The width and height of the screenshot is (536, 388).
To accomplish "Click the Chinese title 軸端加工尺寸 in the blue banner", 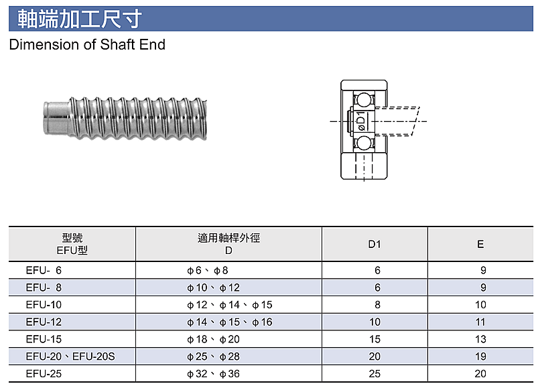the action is pyautogui.click(x=80, y=19).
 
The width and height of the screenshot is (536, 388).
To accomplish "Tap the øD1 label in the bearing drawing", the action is pyautogui.click(x=361, y=121).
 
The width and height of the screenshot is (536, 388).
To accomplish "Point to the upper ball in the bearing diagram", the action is pyautogui.click(x=364, y=100).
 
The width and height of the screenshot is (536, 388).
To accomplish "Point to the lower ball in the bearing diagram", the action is pyautogui.click(x=364, y=143).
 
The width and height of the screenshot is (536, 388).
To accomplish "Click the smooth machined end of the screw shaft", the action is pyautogui.click(x=56, y=118).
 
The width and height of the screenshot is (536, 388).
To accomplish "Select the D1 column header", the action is pyautogui.click(x=375, y=245).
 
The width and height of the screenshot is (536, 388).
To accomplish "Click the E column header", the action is pyautogui.click(x=480, y=245).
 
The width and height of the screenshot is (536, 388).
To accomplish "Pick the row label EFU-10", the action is pyautogui.click(x=44, y=305).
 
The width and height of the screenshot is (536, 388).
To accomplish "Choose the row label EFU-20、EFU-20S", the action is pyautogui.click(x=70, y=357).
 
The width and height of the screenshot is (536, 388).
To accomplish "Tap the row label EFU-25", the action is pyautogui.click(x=44, y=374).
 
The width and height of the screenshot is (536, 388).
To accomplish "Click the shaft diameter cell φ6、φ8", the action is pyautogui.click(x=208, y=271).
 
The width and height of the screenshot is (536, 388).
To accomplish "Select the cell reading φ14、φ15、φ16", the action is pyautogui.click(x=230, y=322).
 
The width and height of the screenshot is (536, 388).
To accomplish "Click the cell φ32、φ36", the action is pyautogui.click(x=213, y=374).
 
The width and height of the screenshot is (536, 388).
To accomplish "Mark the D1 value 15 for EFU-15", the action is pyautogui.click(x=375, y=340).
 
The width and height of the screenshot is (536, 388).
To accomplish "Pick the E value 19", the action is pyautogui.click(x=480, y=357).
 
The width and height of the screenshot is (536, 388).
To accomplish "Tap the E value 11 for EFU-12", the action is pyautogui.click(x=480, y=322).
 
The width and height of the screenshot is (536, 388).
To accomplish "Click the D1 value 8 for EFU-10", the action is pyautogui.click(x=377, y=305).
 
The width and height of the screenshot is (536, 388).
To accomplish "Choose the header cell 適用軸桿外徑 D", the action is pyautogui.click(x=228, y=244).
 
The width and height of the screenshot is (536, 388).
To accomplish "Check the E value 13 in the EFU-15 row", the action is pyautogui.click(x=480, y=340).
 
